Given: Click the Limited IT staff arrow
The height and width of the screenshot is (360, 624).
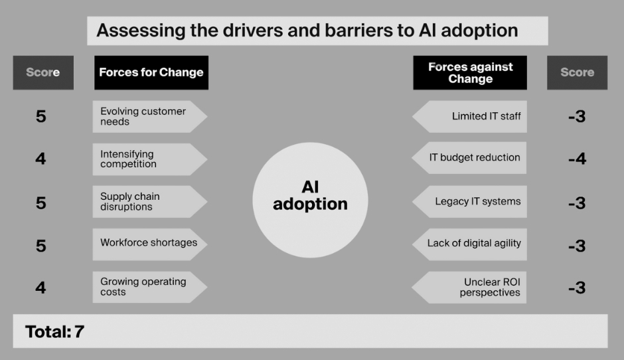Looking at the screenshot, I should [471, 117].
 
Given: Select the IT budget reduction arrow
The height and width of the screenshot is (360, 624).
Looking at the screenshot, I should [471, 158].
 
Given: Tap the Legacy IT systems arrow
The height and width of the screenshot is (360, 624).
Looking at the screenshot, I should [471, 201].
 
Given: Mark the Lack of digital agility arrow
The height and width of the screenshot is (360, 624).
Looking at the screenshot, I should [471, 244].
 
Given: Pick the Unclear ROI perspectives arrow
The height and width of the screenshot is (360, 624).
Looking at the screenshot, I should [471, 287].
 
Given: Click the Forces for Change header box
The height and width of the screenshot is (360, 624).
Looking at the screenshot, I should [151, 72].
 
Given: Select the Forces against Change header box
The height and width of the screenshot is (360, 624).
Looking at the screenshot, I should [470, 72].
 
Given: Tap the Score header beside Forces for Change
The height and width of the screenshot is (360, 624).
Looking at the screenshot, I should [43, 72].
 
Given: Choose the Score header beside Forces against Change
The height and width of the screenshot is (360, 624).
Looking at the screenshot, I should [577, 72].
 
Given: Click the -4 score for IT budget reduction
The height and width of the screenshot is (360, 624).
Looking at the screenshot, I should [577, 159].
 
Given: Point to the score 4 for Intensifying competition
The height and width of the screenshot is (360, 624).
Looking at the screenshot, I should [41, 159].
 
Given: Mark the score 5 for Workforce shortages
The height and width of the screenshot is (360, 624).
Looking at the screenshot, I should [41, 246].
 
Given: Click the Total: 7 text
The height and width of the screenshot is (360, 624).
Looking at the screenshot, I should [55, 331].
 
